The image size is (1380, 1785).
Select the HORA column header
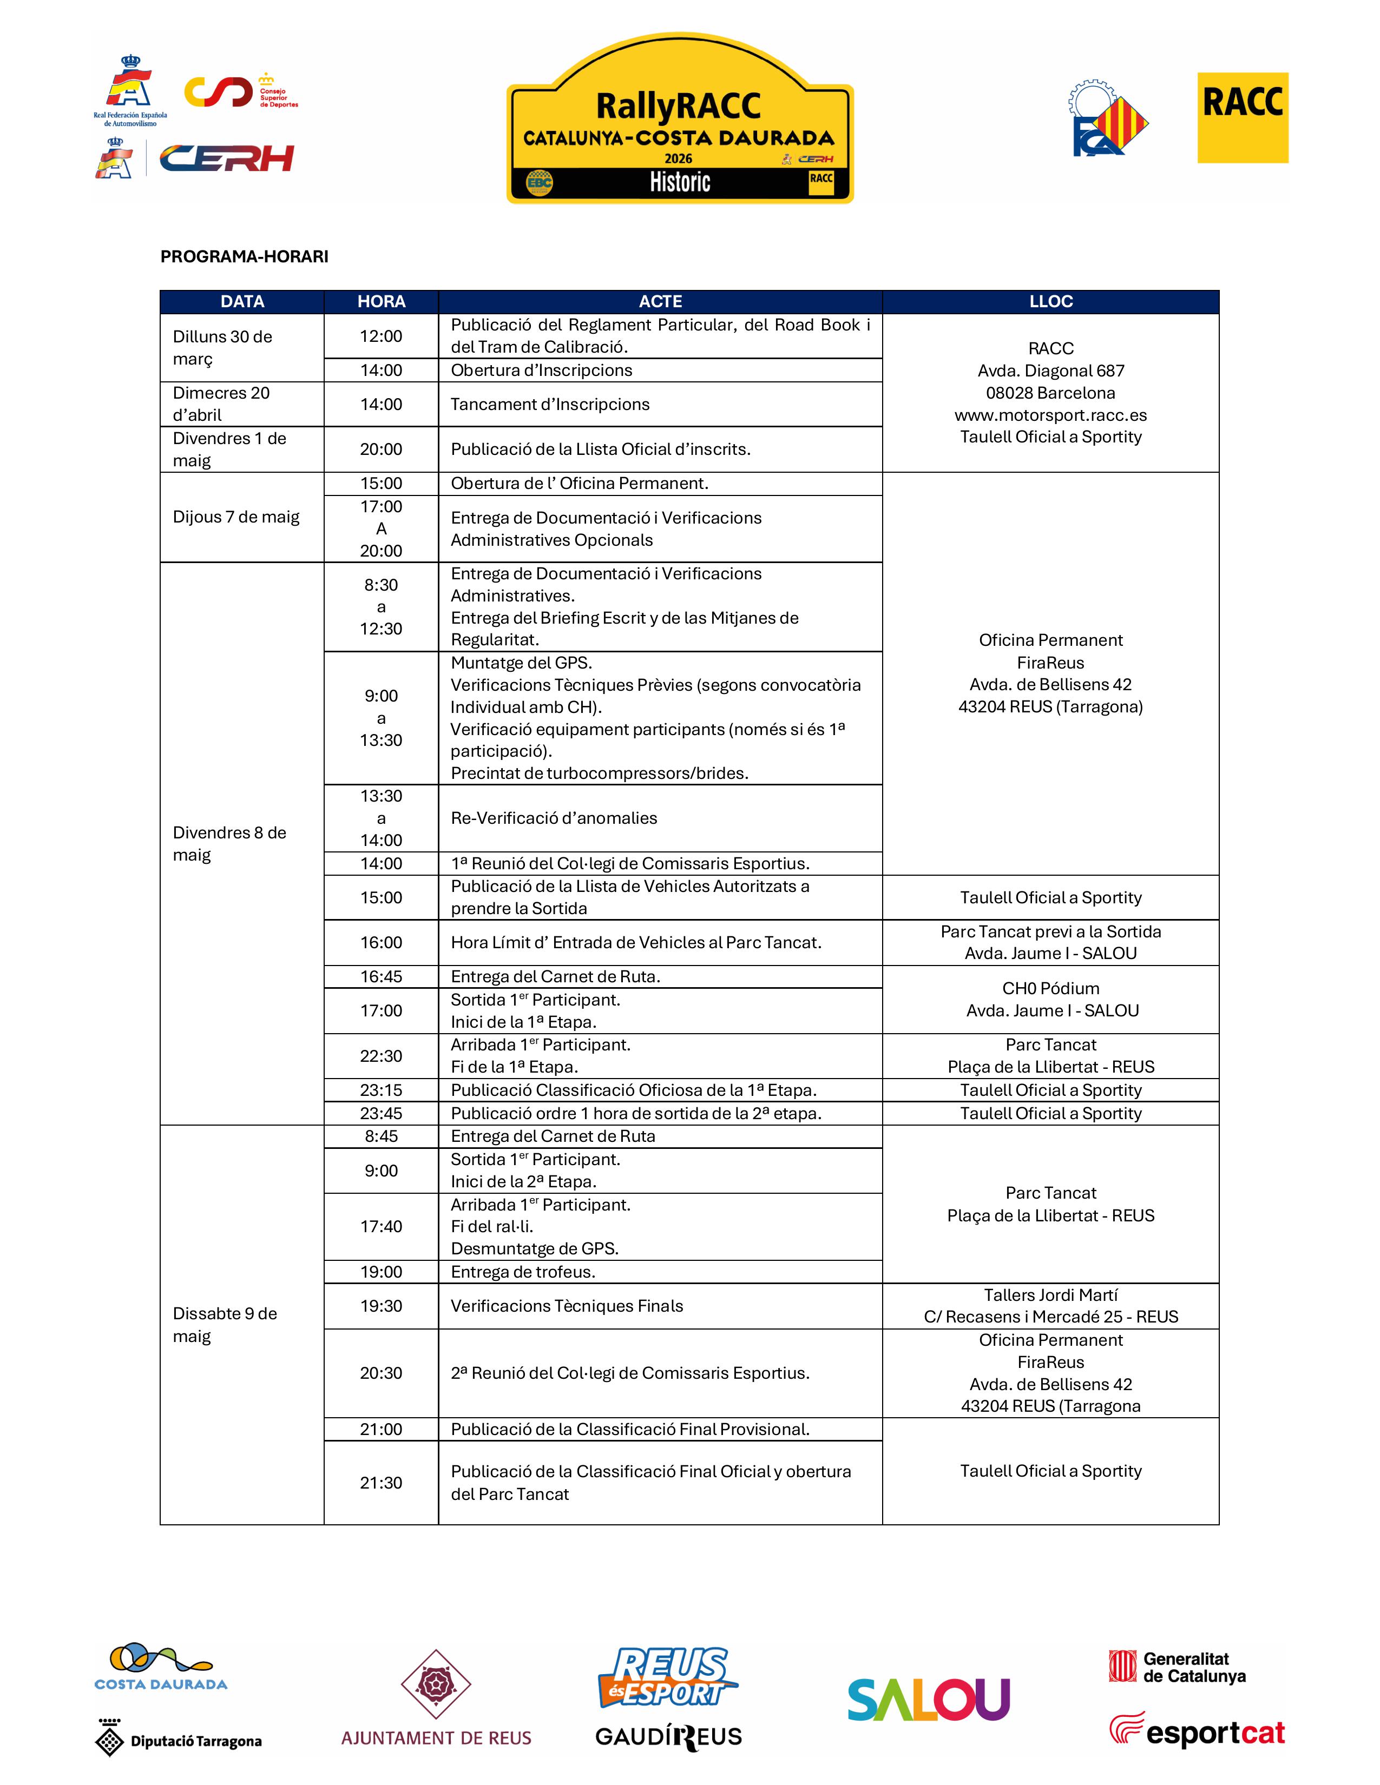pyautogui.click(x=381, y=302)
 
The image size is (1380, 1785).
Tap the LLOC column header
pyautogui.click(x=1050, y=302)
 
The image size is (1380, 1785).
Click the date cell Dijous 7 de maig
pyautogui.click(x=236, y=517)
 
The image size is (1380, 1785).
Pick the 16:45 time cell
pyautogui.click(x=381, y=977)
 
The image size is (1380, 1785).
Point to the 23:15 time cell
pyautogui.click(x=381, y=1090)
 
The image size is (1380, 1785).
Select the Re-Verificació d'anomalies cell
pyautogui.click(x=554, y=818)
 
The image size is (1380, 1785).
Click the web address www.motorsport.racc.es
pyautogui.click(x=1050, y=415)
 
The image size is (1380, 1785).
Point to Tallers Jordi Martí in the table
pyautogui.click(x=1050, y=1294)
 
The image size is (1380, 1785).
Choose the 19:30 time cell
pyautogui.click(x=381, y=1306)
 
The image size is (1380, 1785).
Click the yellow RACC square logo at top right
pyautogui.click(x=1242, y=118)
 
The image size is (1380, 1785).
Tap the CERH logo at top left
pyautogui.click(x=226, y=158)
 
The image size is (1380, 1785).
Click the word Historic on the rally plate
pyautogui.click(x=680, y=182)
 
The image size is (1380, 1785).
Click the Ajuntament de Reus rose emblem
pyautogui.click(x=436, y=1684)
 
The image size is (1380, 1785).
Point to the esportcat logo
pyautogui.click(x=1197, y=1731)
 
